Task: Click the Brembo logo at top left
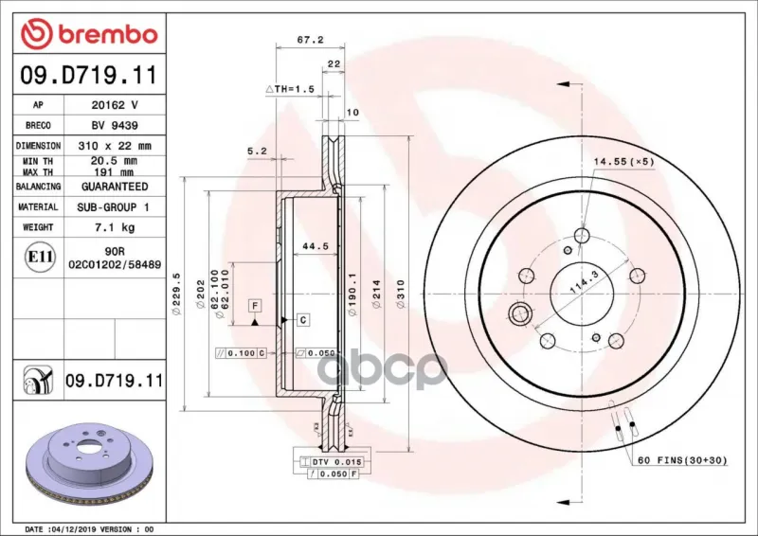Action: pos(89,34)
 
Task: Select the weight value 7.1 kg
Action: pos(115,227)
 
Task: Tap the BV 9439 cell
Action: pos(115,125)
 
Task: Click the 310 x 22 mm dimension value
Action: pos(115,146)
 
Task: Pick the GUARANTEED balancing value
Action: pos(115,187)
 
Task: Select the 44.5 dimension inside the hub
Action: pos(316,246)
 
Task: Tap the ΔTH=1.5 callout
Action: pos(290,89)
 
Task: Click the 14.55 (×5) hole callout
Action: pos(623,161)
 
